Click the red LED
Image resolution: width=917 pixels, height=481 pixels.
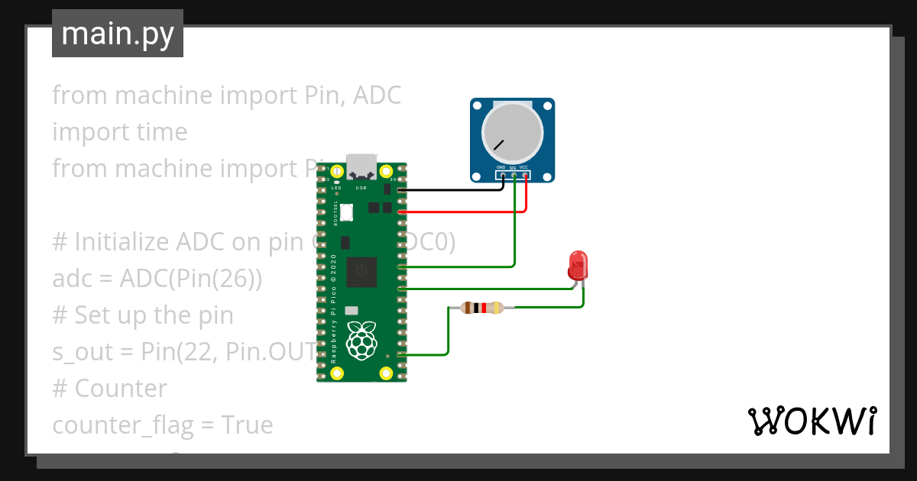578,264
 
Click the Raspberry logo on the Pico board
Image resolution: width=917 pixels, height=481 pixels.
361,341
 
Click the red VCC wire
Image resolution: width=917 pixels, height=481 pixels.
458,211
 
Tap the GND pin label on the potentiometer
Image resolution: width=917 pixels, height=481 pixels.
501,166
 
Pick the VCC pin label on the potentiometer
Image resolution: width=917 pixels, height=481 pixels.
523,166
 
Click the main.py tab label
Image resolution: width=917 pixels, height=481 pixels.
118,34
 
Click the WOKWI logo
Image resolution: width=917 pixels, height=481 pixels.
812,421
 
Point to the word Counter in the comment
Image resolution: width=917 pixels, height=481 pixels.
121,389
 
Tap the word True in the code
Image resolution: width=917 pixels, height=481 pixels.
246,425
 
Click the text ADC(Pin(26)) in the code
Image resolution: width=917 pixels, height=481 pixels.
191,279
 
